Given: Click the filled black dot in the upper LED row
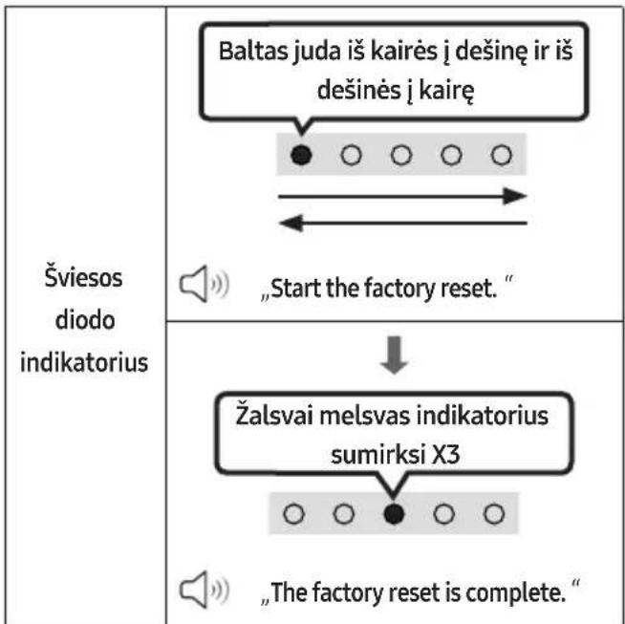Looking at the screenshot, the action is coord(301,155).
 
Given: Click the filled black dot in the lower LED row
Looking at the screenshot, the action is coord(394,513).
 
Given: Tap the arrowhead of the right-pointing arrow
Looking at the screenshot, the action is coord(515,196).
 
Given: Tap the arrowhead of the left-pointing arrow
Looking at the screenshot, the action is coord(291,223).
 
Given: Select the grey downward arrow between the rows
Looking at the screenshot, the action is coord(395,355).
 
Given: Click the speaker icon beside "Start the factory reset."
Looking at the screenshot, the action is coord(205,283).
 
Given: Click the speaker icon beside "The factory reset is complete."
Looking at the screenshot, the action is coord(205,590).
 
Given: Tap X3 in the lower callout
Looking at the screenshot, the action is coord(446,455).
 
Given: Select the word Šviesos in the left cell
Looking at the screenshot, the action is coord(83,277).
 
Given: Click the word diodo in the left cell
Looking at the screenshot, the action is coord(85,320).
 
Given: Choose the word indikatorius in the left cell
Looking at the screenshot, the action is coord(84,362).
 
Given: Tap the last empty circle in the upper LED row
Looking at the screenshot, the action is coord(502,155).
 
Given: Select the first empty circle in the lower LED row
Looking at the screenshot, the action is coord(293,513).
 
